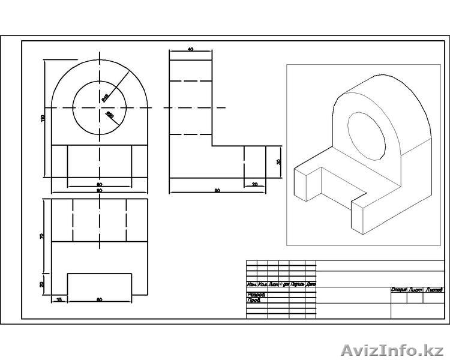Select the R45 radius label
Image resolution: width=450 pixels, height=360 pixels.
(x=105, y=95)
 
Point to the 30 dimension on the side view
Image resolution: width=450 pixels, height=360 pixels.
(x=279, y=162)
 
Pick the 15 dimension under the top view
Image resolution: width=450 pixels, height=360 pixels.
(x=59, y=298)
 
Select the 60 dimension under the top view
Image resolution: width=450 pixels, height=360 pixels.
(x=99, y=298)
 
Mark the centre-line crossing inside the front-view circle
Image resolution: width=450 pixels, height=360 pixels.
(x=100, y=107)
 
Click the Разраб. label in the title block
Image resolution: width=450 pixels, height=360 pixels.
(x=256, y=295)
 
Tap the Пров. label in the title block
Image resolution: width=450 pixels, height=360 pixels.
(x=254, y=300)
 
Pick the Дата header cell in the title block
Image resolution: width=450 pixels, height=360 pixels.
(x=311, y=284)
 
